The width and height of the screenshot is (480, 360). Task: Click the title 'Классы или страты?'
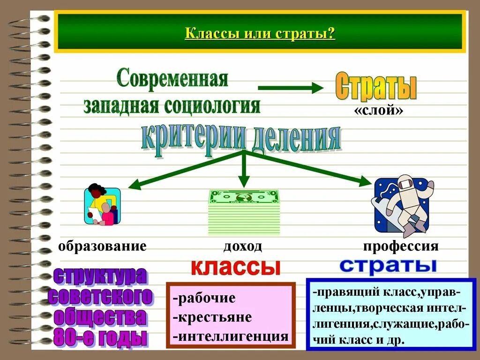coord(260,34)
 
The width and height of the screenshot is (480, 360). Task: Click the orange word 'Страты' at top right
coord(376,86)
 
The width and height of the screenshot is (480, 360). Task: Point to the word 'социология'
coord(212,105)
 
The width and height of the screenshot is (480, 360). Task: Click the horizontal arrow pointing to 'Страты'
coord(291,88)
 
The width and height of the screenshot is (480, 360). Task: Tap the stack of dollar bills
coord(244,212)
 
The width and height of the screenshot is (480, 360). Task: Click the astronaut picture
coord(404,205)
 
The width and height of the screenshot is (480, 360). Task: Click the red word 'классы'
coord(235,267)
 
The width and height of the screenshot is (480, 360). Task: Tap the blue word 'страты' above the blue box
coord(388,265)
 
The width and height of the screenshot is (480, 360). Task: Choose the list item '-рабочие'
coord(204,298)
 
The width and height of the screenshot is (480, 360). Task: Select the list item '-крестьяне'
coord(212,317)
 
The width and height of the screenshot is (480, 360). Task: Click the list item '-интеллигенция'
coord(230,336)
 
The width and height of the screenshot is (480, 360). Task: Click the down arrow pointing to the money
coord(243,171)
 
